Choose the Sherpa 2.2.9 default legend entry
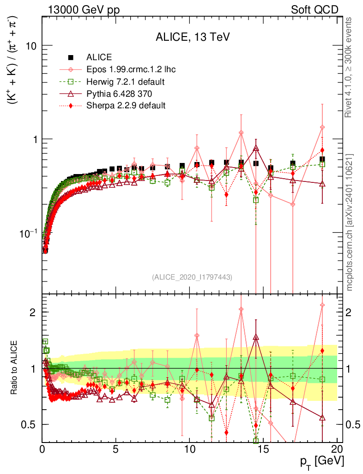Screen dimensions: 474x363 [126, 106]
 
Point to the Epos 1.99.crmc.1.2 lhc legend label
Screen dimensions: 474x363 [131, 70]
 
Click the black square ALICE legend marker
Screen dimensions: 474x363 [71, 58]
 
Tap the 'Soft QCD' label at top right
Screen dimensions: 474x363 [315, 10]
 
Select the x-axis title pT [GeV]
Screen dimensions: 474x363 [322, 461]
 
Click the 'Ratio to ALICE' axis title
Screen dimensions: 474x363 [15, 368]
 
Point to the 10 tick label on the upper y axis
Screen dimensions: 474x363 [31, 46]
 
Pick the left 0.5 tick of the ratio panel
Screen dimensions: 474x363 [30, 424]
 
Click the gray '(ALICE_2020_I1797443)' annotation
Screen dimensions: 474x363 [192, 277]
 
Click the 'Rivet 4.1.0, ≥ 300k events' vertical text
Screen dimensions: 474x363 [349, 68]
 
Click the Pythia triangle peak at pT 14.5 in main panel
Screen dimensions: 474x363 [256, 148]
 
